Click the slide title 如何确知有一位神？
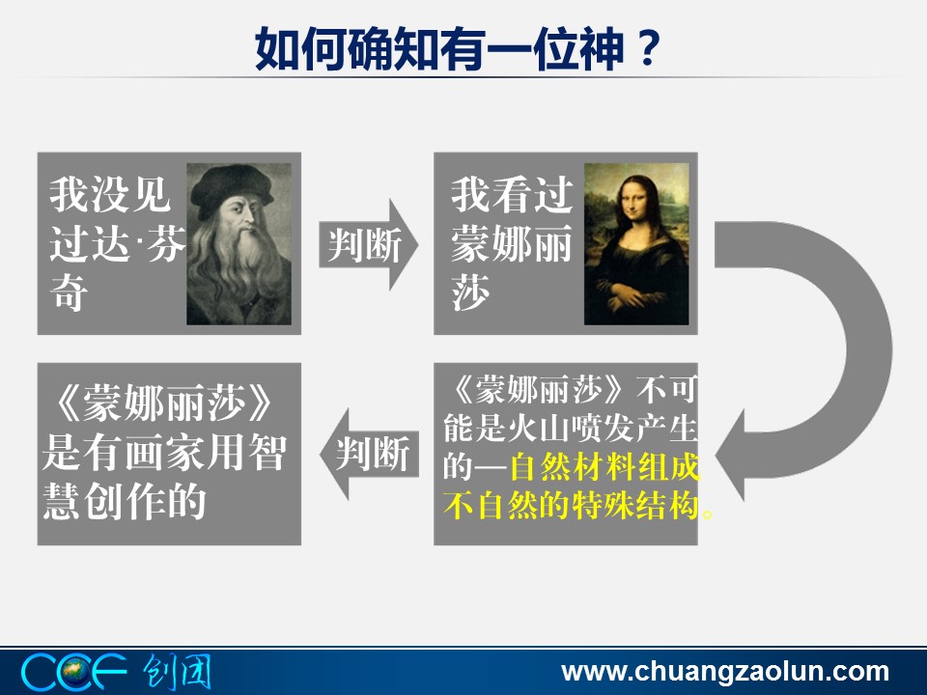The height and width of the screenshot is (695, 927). point(457,48)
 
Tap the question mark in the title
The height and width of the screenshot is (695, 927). point(647,48)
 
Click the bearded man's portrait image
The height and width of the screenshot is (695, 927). point(239,243)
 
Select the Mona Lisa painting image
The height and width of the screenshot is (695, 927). point(636,243)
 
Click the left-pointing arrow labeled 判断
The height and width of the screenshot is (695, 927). point(369,454)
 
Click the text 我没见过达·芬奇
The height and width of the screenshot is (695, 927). point(116,243)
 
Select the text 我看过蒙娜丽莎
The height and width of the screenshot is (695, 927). point(512,243)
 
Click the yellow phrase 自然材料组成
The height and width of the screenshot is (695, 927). point(604,467)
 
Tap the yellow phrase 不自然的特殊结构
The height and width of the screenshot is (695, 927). point(571,505)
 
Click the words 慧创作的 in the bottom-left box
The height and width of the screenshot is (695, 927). point(125,502)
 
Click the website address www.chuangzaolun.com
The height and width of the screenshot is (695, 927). point(725,672)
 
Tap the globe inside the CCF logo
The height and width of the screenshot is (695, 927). point(74,672)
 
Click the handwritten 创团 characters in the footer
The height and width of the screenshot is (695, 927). point(177,672)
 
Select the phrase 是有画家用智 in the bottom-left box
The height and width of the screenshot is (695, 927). point(164,453)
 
